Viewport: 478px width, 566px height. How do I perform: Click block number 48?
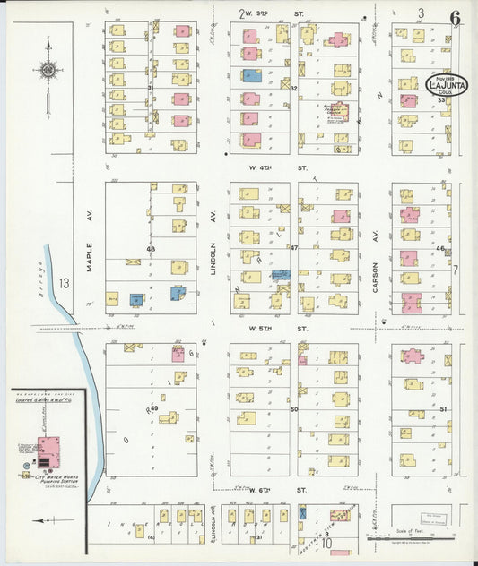(x=151, y=248)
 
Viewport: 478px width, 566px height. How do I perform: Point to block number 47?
(x=293, y=246)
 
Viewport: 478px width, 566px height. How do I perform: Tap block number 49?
(x=154, y=408)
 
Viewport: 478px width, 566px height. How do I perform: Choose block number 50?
(x=293, y=408)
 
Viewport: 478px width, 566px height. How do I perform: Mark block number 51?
(x=442, y=408)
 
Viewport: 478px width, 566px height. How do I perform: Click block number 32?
(x=293, y=88)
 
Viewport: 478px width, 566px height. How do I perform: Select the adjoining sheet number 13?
(x=64, y=284)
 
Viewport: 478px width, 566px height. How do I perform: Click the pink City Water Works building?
(x=48, y=446)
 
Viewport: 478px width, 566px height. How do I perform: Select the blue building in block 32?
(x=252, y=75)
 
